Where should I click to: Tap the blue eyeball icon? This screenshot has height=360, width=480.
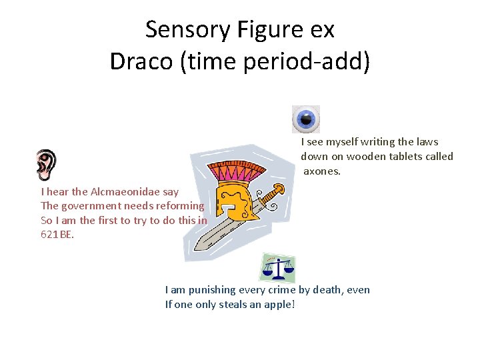pyautogui.click(x=306, y=119)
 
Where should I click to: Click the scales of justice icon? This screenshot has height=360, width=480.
pyautogui.click(x=277, y=268)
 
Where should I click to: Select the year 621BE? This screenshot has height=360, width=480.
pyautogui.click(x=57, y=235)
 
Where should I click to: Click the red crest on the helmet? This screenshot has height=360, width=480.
pyautogui.click(x=235, y=172)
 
